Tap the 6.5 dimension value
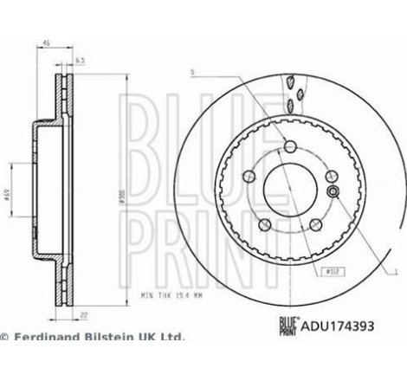tap(81, 61)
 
